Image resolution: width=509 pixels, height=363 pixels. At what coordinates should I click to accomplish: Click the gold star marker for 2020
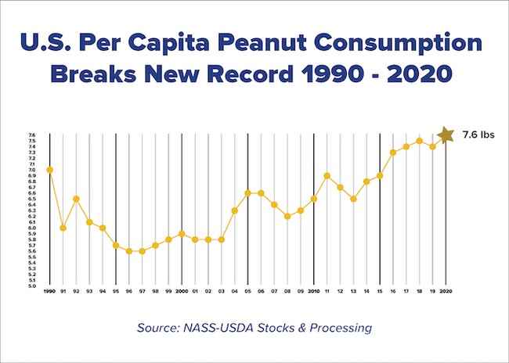click(446, 135)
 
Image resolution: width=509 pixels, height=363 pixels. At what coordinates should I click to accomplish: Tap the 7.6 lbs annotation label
click(478, 135)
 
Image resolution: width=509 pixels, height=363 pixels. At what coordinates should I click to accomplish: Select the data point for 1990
click(50, 170)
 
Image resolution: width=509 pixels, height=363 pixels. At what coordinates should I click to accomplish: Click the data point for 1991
click(63, 228)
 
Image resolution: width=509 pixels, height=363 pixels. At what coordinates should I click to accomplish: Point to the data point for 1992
click(76, 199)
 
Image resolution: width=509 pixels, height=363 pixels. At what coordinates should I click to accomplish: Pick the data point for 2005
click(247, 192)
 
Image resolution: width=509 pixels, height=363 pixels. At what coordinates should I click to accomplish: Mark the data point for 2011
click(327, 175)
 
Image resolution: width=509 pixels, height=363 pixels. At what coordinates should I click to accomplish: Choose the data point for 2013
click(353, 199)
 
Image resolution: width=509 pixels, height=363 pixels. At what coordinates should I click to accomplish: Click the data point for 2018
click(419, 141)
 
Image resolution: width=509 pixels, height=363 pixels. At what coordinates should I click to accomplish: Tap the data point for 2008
click(287, 216)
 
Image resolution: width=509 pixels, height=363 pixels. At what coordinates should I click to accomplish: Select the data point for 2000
click(182, 233)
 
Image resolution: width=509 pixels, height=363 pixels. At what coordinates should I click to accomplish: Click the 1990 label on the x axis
click(50, 291)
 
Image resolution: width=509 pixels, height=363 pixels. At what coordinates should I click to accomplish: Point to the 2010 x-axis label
click(314, 291)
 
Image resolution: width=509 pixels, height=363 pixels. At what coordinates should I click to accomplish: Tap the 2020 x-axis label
click(446, 291)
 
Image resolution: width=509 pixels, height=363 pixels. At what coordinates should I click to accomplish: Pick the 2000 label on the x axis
click(182, 291)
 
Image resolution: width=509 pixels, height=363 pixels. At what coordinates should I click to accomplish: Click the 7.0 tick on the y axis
click(31, 170)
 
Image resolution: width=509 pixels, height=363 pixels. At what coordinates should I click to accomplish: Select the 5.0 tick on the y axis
click(31, 286)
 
